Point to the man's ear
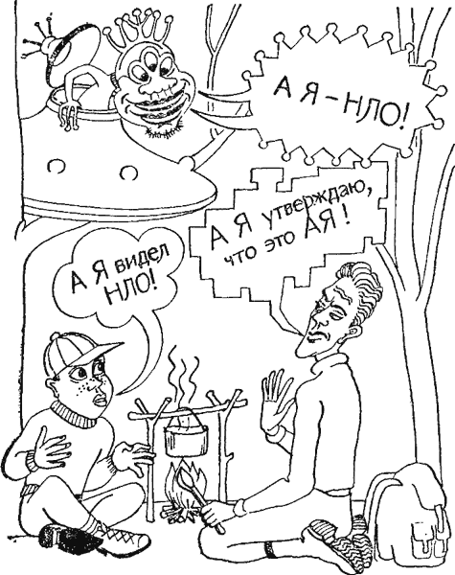(x=352, y=334)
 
